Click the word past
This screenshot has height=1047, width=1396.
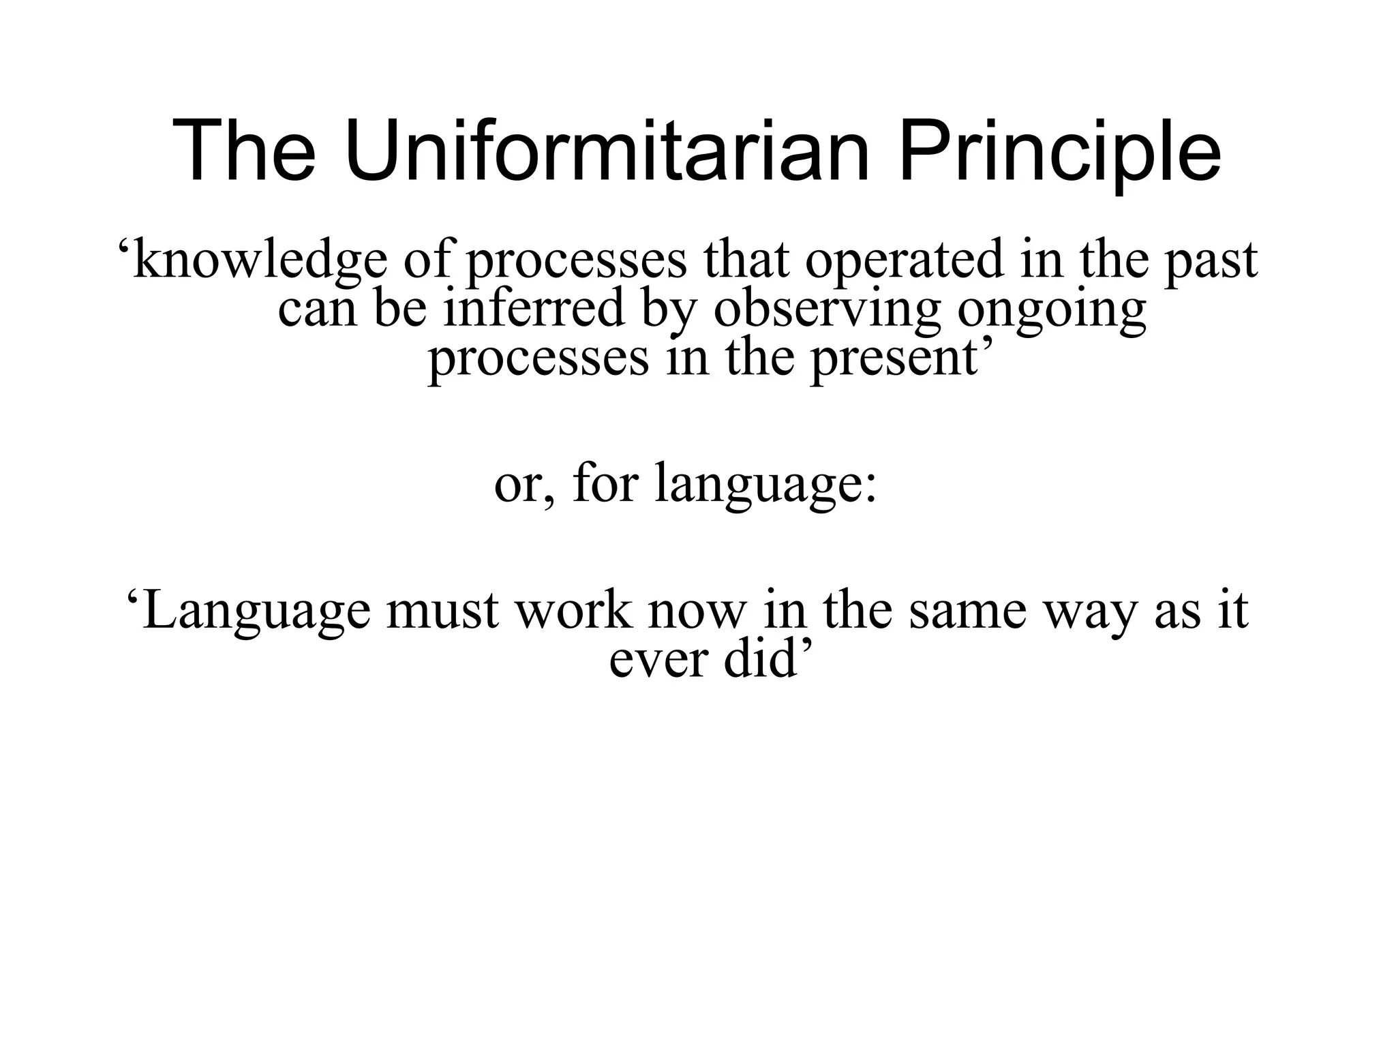tap(1211, 262)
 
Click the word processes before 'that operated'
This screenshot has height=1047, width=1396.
tap(576, 262)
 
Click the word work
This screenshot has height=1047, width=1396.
tap(573, 609)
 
